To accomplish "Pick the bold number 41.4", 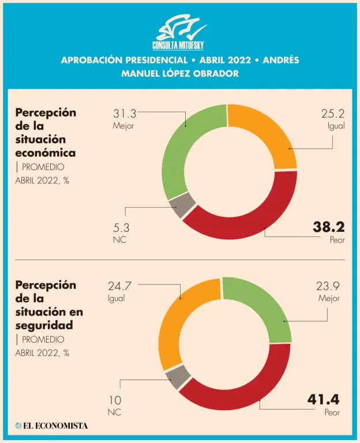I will [324, 400].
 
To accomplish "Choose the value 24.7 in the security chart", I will [119, 286].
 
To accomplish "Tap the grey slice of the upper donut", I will [182, 205].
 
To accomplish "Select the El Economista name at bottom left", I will [52, 426].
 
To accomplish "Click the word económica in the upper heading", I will [46, 153].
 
